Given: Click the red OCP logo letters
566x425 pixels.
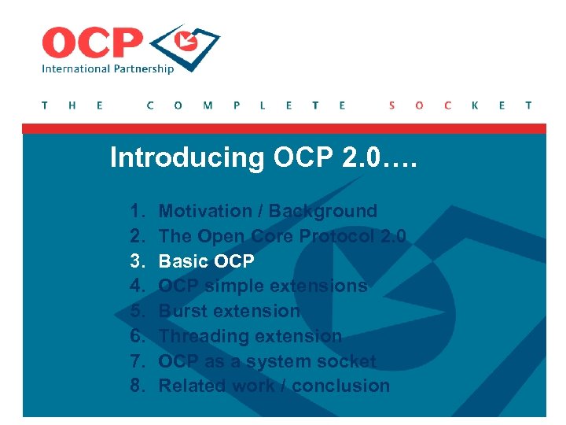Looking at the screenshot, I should click(92, 43).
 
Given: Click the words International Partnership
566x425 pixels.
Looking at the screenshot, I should click(108, 68).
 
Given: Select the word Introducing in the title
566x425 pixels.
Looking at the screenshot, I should click(187, 157).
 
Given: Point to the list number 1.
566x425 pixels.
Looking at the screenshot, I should click(138, 211).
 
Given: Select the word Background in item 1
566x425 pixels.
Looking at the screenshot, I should click(323, 211).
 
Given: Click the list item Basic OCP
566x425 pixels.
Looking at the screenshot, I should click(207, 261).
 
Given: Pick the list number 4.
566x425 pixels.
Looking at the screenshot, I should click(138, 286).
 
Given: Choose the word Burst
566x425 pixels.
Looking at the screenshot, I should click(182, 311).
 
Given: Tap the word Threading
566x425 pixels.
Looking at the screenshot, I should click(204, 336).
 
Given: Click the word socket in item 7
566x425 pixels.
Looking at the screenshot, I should click(345, 361).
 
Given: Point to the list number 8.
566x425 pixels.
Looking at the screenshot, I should click(138, 386).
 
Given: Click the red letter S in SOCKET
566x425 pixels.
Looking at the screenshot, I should click(392, 105).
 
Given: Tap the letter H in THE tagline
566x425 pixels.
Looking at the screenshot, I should click(72, 105).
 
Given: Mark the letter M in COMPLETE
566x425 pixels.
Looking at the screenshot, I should click(208, 105).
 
